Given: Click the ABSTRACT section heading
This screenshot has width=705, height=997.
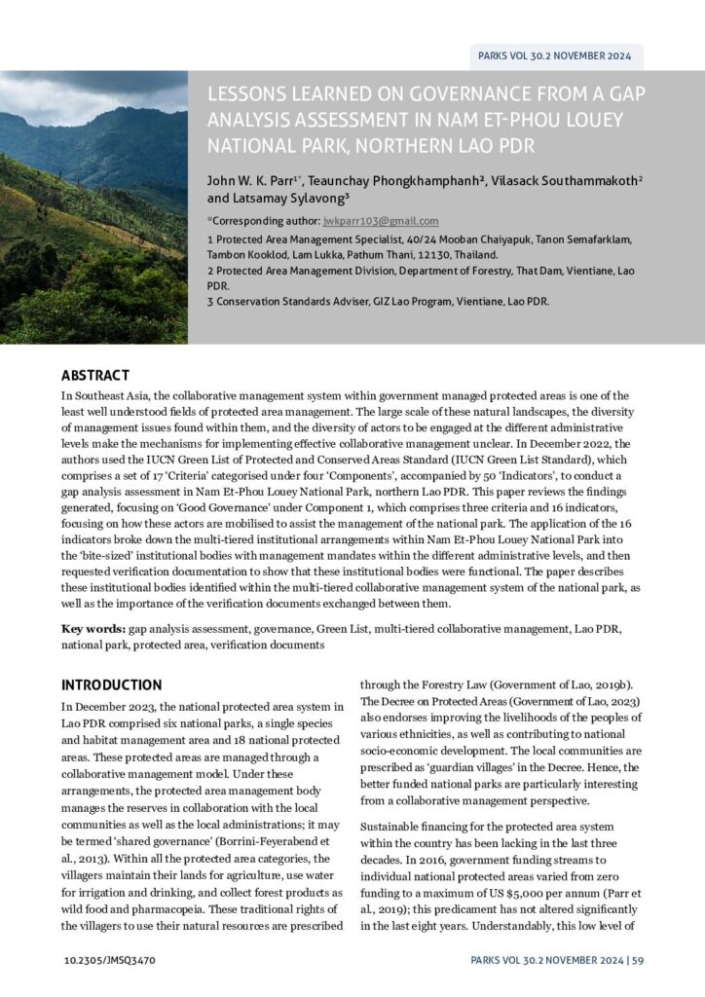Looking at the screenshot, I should [94, 375].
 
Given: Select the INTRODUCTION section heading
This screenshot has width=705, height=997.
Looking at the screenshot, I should [112, 684].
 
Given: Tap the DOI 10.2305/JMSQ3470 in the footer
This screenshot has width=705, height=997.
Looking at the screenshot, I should [107, 959].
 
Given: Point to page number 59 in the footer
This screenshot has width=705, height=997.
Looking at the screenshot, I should [637, 959].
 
